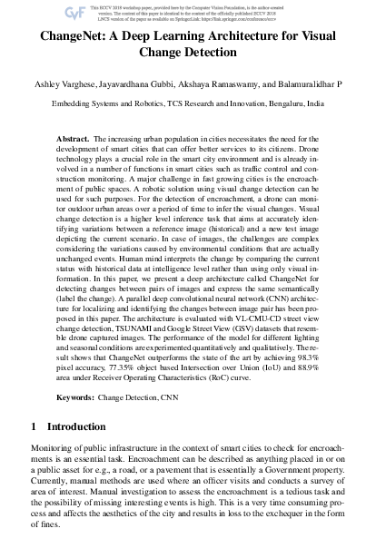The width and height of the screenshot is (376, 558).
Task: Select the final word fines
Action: [x=46, y=550]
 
